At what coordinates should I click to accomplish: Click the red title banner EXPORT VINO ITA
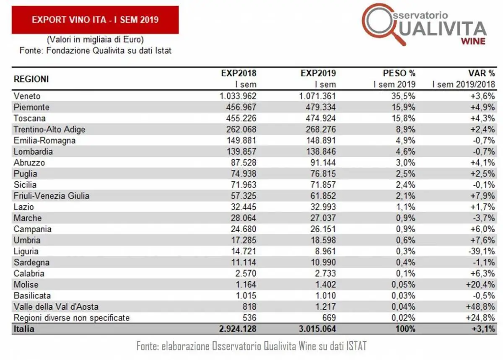tap(95, 20)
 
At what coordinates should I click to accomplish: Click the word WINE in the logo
tap(473, 41)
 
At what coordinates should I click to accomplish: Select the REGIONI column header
tap(31, 79)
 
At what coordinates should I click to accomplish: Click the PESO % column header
tap(399, 73)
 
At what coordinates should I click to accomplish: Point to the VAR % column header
tap(482, 73)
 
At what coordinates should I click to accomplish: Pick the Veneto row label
tap(27, 96)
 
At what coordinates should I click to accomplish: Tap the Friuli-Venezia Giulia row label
tap(51, 196)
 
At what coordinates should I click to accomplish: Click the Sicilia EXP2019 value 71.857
tap(320, 184)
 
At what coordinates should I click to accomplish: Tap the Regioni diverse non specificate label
tap(71, 317)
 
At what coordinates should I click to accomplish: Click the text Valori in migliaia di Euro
tap(95, 40)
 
